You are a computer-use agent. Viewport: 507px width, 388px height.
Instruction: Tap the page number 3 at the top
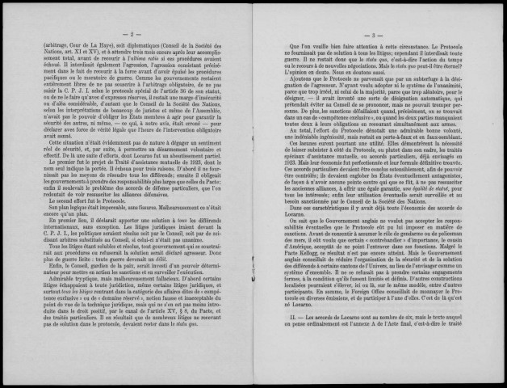[x=375, y=36]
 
